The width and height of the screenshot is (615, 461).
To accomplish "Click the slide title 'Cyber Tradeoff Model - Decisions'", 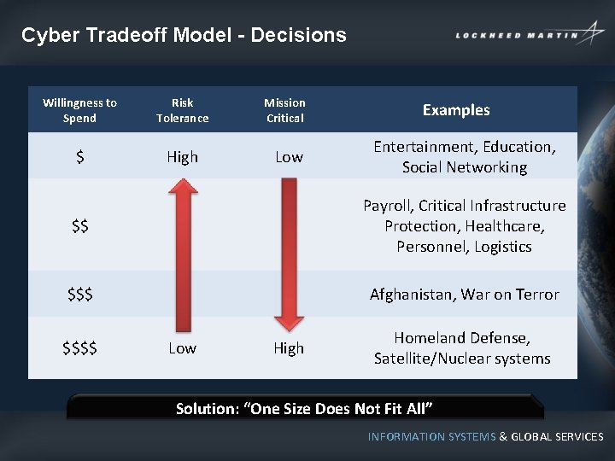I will pyautogui.click(x=184, y=35).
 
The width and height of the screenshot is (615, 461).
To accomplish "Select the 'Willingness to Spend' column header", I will pyautogui.click(x=79, y=110).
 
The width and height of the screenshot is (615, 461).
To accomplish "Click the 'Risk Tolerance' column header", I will pyautogui.click(x=182, y=110).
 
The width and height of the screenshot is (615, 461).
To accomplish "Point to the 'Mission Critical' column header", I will pyautogui.click(x=284, y=110).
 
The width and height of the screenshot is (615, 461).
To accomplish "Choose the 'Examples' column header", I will pyautogui.click(x=456, y=110).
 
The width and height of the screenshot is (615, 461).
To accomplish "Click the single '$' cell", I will pyautogui.click(x=79, y=157).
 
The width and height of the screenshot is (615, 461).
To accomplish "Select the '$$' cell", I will pyautogui.click(x=79, y=226).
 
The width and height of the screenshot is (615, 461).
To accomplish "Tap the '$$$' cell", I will pyautogui.click(x=79, y=295).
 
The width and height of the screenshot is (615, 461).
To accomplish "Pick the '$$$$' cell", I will pyautogui.click(x=79, y=348).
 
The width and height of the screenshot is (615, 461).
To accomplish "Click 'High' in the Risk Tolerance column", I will pyautogui.click(x=182, y=157).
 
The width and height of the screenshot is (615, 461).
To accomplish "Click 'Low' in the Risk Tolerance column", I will pyautogui.click(x=182, y=348).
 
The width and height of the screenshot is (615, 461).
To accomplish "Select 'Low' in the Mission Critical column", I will pyautogui.click(x=289, y=157).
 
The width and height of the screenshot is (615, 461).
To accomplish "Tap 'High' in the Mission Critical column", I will pyautogui.click(x=289, y=348).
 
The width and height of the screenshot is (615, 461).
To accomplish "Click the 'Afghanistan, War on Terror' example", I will pyautogui.click(x=464, y=295).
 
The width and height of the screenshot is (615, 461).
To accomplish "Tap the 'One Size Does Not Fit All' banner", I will pyautogui.click(x=304, y=408).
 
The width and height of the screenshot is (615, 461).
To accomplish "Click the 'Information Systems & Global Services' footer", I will pyautogui.click(x=485, y=436).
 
